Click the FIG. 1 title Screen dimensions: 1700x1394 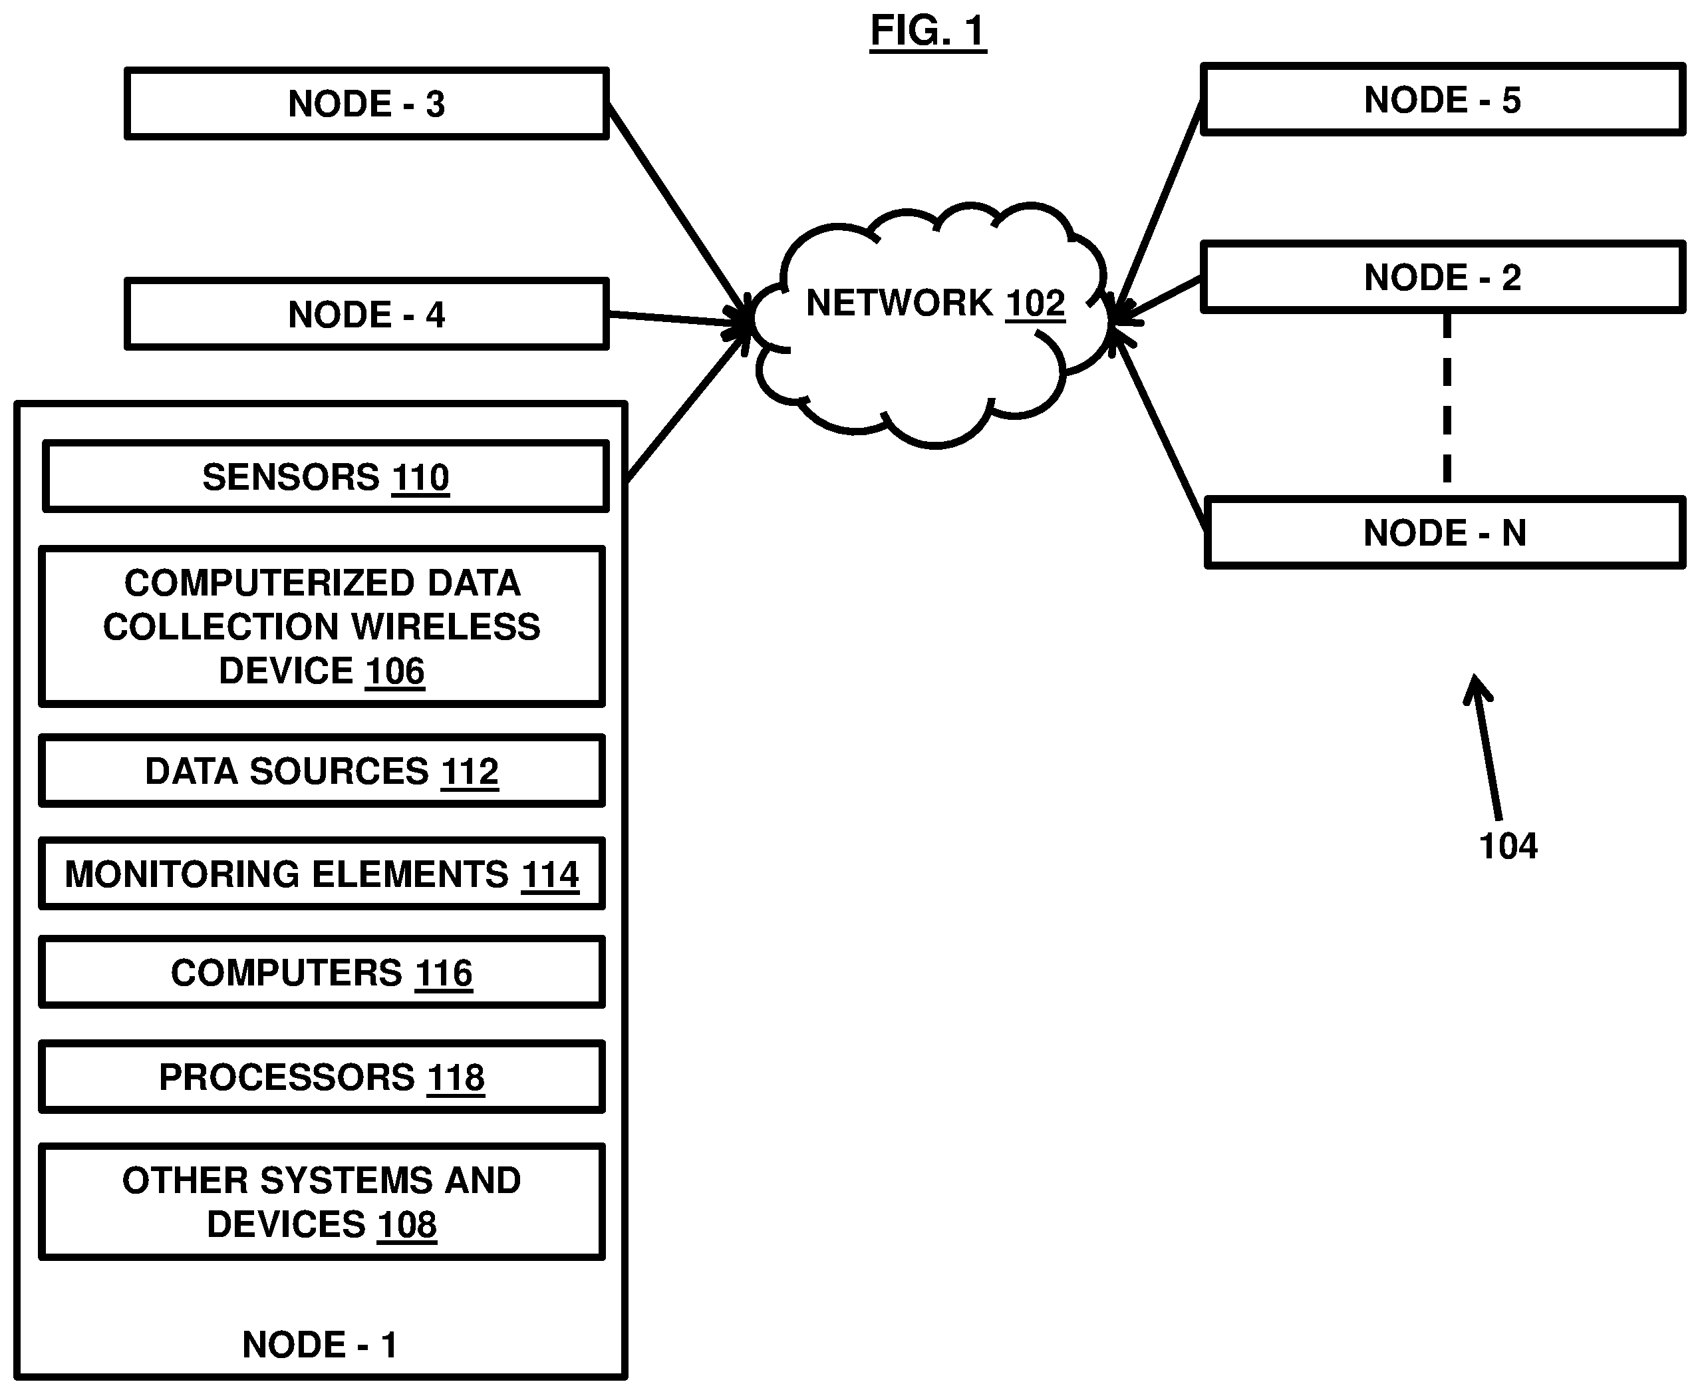(928, 31)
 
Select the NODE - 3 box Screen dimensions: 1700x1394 (367, 104)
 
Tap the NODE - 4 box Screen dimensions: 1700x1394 (367, 314)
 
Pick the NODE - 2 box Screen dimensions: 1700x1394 (1443, 277)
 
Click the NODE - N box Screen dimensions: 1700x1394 (1445, 532)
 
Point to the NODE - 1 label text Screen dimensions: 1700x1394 (319, 1344)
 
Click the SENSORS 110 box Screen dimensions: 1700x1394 (325, 476)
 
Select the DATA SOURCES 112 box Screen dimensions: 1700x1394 (322, 771)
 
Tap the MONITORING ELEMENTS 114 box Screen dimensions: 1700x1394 (322, 874)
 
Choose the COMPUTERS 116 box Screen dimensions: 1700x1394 (322, 972)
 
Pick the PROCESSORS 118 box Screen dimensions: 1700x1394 (322, 1077)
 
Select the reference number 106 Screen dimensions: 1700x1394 (395, 671)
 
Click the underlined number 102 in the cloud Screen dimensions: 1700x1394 (1036, 303)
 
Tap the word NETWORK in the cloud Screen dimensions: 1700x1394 (900, 303)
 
